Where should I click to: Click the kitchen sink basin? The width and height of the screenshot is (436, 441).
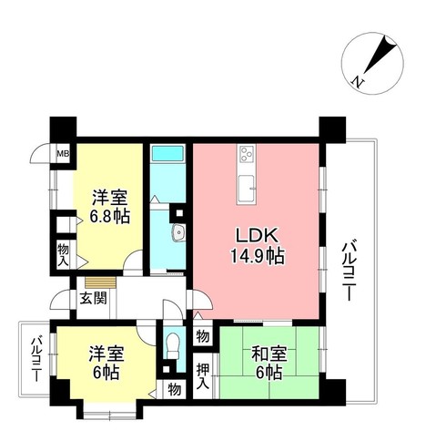point(248,189)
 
